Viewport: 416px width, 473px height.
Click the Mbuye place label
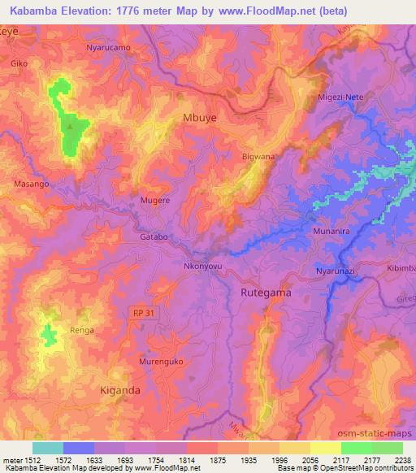point(199,117)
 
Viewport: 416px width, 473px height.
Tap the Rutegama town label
point(266,291)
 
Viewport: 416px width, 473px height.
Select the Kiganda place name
point(119,390)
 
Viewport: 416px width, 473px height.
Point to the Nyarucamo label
point(108,48)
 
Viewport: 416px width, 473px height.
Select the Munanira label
point(331,232)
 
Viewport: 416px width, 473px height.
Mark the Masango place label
point(32,184)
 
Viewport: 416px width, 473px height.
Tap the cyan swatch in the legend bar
point(48,448)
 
